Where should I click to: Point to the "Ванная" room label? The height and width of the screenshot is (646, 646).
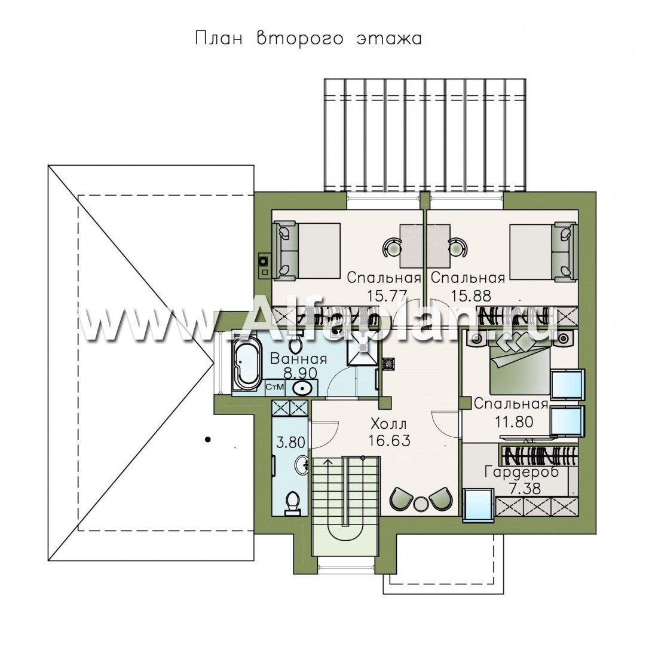(298, 358)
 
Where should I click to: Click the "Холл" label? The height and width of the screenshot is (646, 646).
(388, 423)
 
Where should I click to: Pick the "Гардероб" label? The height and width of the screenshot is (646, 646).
(522, 471)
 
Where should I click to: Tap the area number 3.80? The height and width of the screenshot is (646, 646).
(290, 443)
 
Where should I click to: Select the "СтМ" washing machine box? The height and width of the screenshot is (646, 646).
(274, 387)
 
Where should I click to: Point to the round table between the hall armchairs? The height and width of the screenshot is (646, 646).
(421, 505)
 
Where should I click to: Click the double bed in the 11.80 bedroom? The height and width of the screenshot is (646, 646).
(519, 365)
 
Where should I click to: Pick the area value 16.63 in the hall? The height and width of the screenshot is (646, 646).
(389, 441)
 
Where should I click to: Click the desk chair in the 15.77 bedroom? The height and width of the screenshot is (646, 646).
(390, 248)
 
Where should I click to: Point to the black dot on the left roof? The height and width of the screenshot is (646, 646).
(209, 440)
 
